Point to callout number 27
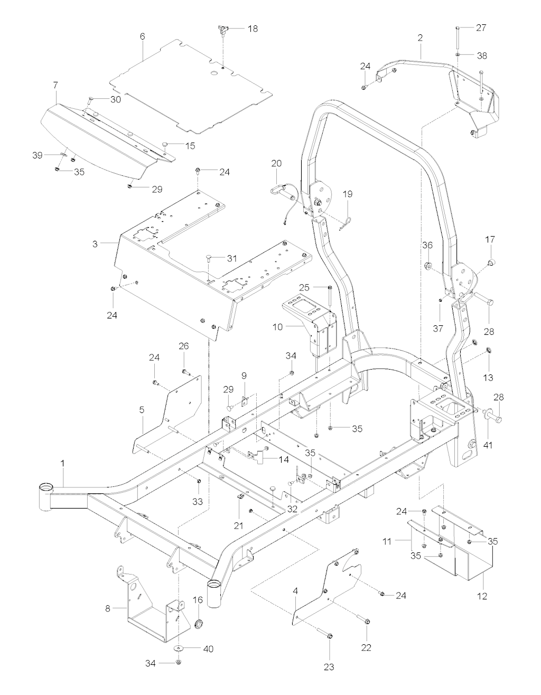click(481, 28)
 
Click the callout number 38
click(481, 55)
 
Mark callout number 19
click(347, 194)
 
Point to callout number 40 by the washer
click(208, 649)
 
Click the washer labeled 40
click(179, 649)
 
